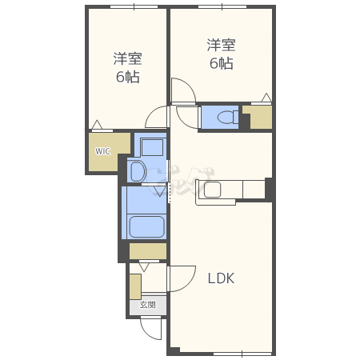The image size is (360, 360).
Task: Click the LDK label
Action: [x=221, y=278]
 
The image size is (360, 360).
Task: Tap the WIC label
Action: [x=102, y=151]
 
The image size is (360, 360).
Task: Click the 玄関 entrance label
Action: [x=148, y=305]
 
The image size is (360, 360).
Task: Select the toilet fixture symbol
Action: [x=228, y=118]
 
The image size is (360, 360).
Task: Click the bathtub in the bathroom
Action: [x=146, y=226]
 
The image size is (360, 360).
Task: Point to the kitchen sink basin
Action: [x=213, y=190]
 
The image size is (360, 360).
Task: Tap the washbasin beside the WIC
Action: [x=138, y=171]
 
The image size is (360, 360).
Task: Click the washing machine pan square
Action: [x=152, y=147]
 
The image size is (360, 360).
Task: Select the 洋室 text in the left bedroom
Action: [x=127, y=59]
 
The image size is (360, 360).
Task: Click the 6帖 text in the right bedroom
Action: [x=221, y=63]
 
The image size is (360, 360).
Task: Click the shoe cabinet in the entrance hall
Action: [x=135, y=286]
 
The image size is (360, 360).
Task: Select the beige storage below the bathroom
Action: [x=148, y=250]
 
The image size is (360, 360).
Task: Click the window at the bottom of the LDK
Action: [x=242, y=354]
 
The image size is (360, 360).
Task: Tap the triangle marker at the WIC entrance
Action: [x=97, y=125]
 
